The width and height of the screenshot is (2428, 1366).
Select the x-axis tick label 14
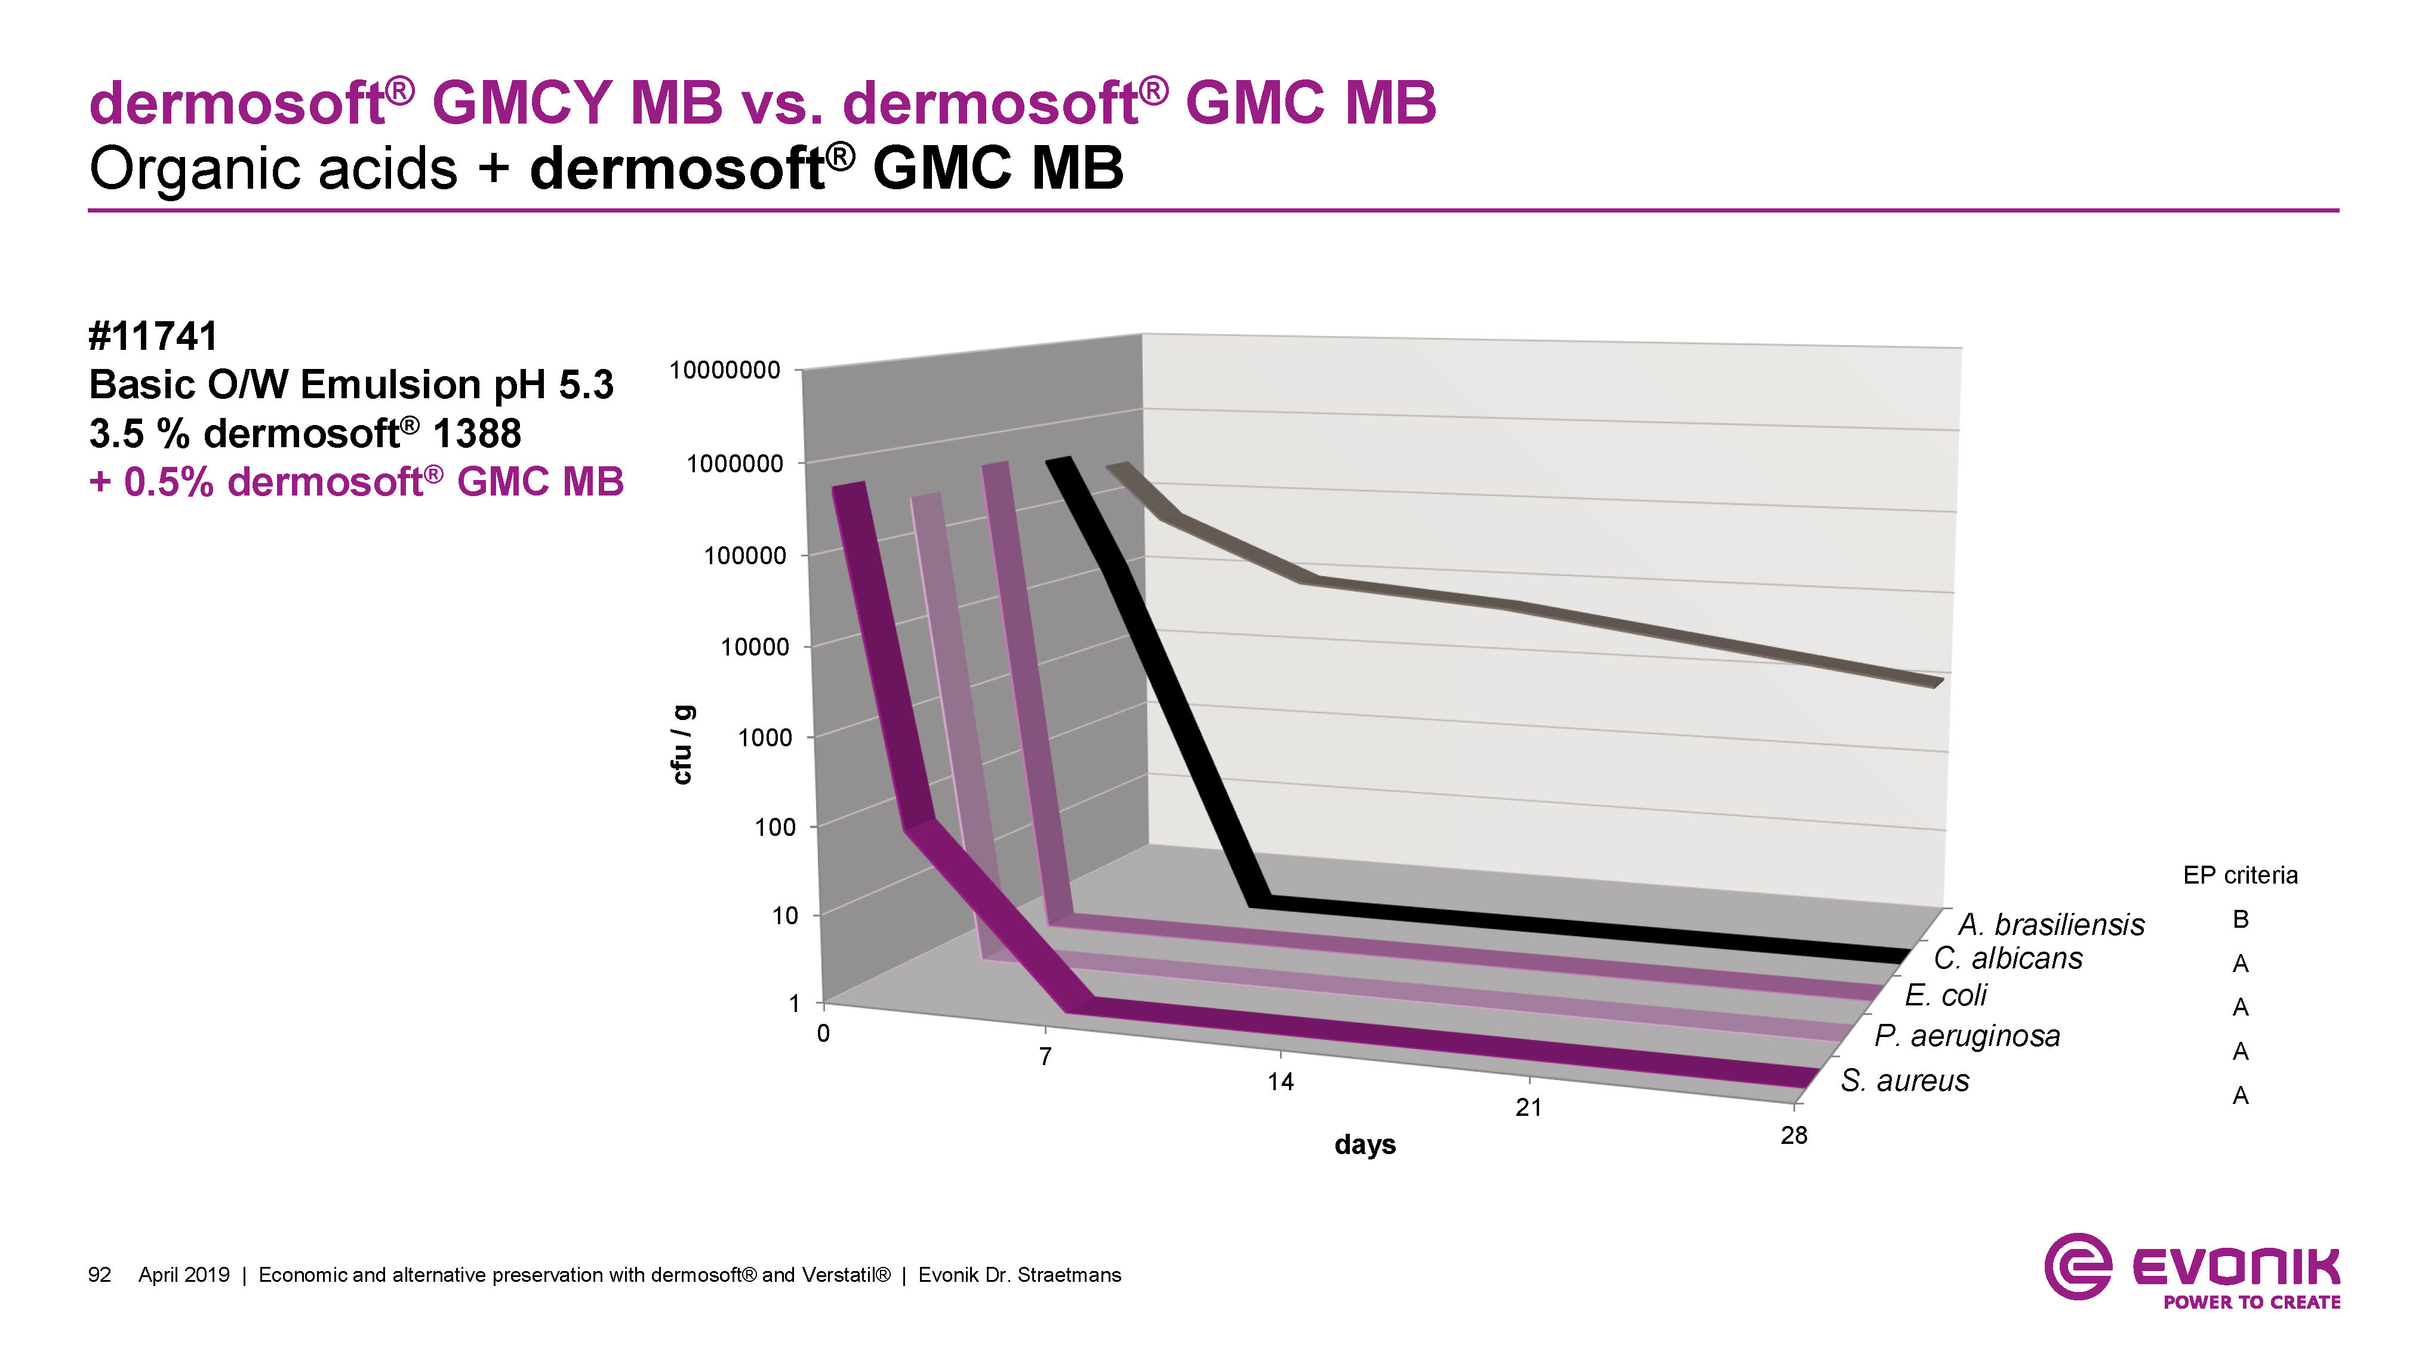coord(1280,1082)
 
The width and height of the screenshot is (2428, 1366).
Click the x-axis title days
coord(1365,1146)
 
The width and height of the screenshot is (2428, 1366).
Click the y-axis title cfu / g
coord(682,744)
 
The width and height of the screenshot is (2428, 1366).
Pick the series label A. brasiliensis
coord(2051,925)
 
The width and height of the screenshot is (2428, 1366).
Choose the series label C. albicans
coord(2008,959)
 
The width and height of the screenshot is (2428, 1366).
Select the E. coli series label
coord(1946,995)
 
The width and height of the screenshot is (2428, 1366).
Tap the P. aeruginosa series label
coord(1967,1036)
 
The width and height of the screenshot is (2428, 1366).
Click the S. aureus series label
coord(1905,1081)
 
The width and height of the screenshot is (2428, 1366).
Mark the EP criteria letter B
coord(2241,919)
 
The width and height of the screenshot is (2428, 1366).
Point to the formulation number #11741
coord(153,337)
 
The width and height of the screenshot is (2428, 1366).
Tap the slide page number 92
coord(99,1275)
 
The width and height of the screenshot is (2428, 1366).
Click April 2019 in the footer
coord(184,1275)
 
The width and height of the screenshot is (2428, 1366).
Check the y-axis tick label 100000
coord(744,556)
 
